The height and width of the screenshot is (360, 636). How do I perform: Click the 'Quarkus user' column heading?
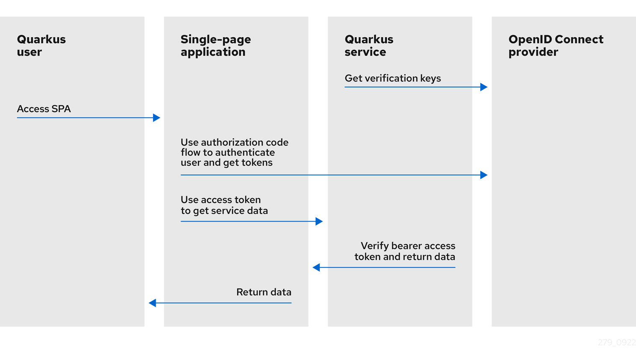click(x=41, y=46)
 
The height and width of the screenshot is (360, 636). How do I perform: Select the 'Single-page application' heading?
click(x=215, y=46)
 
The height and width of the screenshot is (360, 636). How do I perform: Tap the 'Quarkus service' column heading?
click(x=369, y=46)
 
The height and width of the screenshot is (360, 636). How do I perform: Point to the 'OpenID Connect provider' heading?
click(x=556, y=46)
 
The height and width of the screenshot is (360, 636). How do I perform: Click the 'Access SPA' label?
click(x=44, y=109)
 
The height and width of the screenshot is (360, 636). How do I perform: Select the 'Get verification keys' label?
click(x=392, y=78)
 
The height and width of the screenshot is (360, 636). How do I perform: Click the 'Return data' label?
click(x=264, y=292)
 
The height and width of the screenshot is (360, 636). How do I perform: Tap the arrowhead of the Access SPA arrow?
click(x=156, y=118)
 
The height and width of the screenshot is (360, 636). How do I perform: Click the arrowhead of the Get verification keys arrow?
click(x=484, y=87)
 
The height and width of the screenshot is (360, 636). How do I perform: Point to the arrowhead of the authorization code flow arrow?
click(x=484, y=175)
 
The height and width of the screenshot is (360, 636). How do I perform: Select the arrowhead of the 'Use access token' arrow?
click(x=319, y=221)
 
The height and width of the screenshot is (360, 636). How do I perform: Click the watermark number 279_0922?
click(x=616, y=342)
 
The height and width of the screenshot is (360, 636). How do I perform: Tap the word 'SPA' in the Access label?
click(x=61, y=109)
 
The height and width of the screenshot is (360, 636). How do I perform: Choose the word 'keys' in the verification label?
click(x=431, y=78)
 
